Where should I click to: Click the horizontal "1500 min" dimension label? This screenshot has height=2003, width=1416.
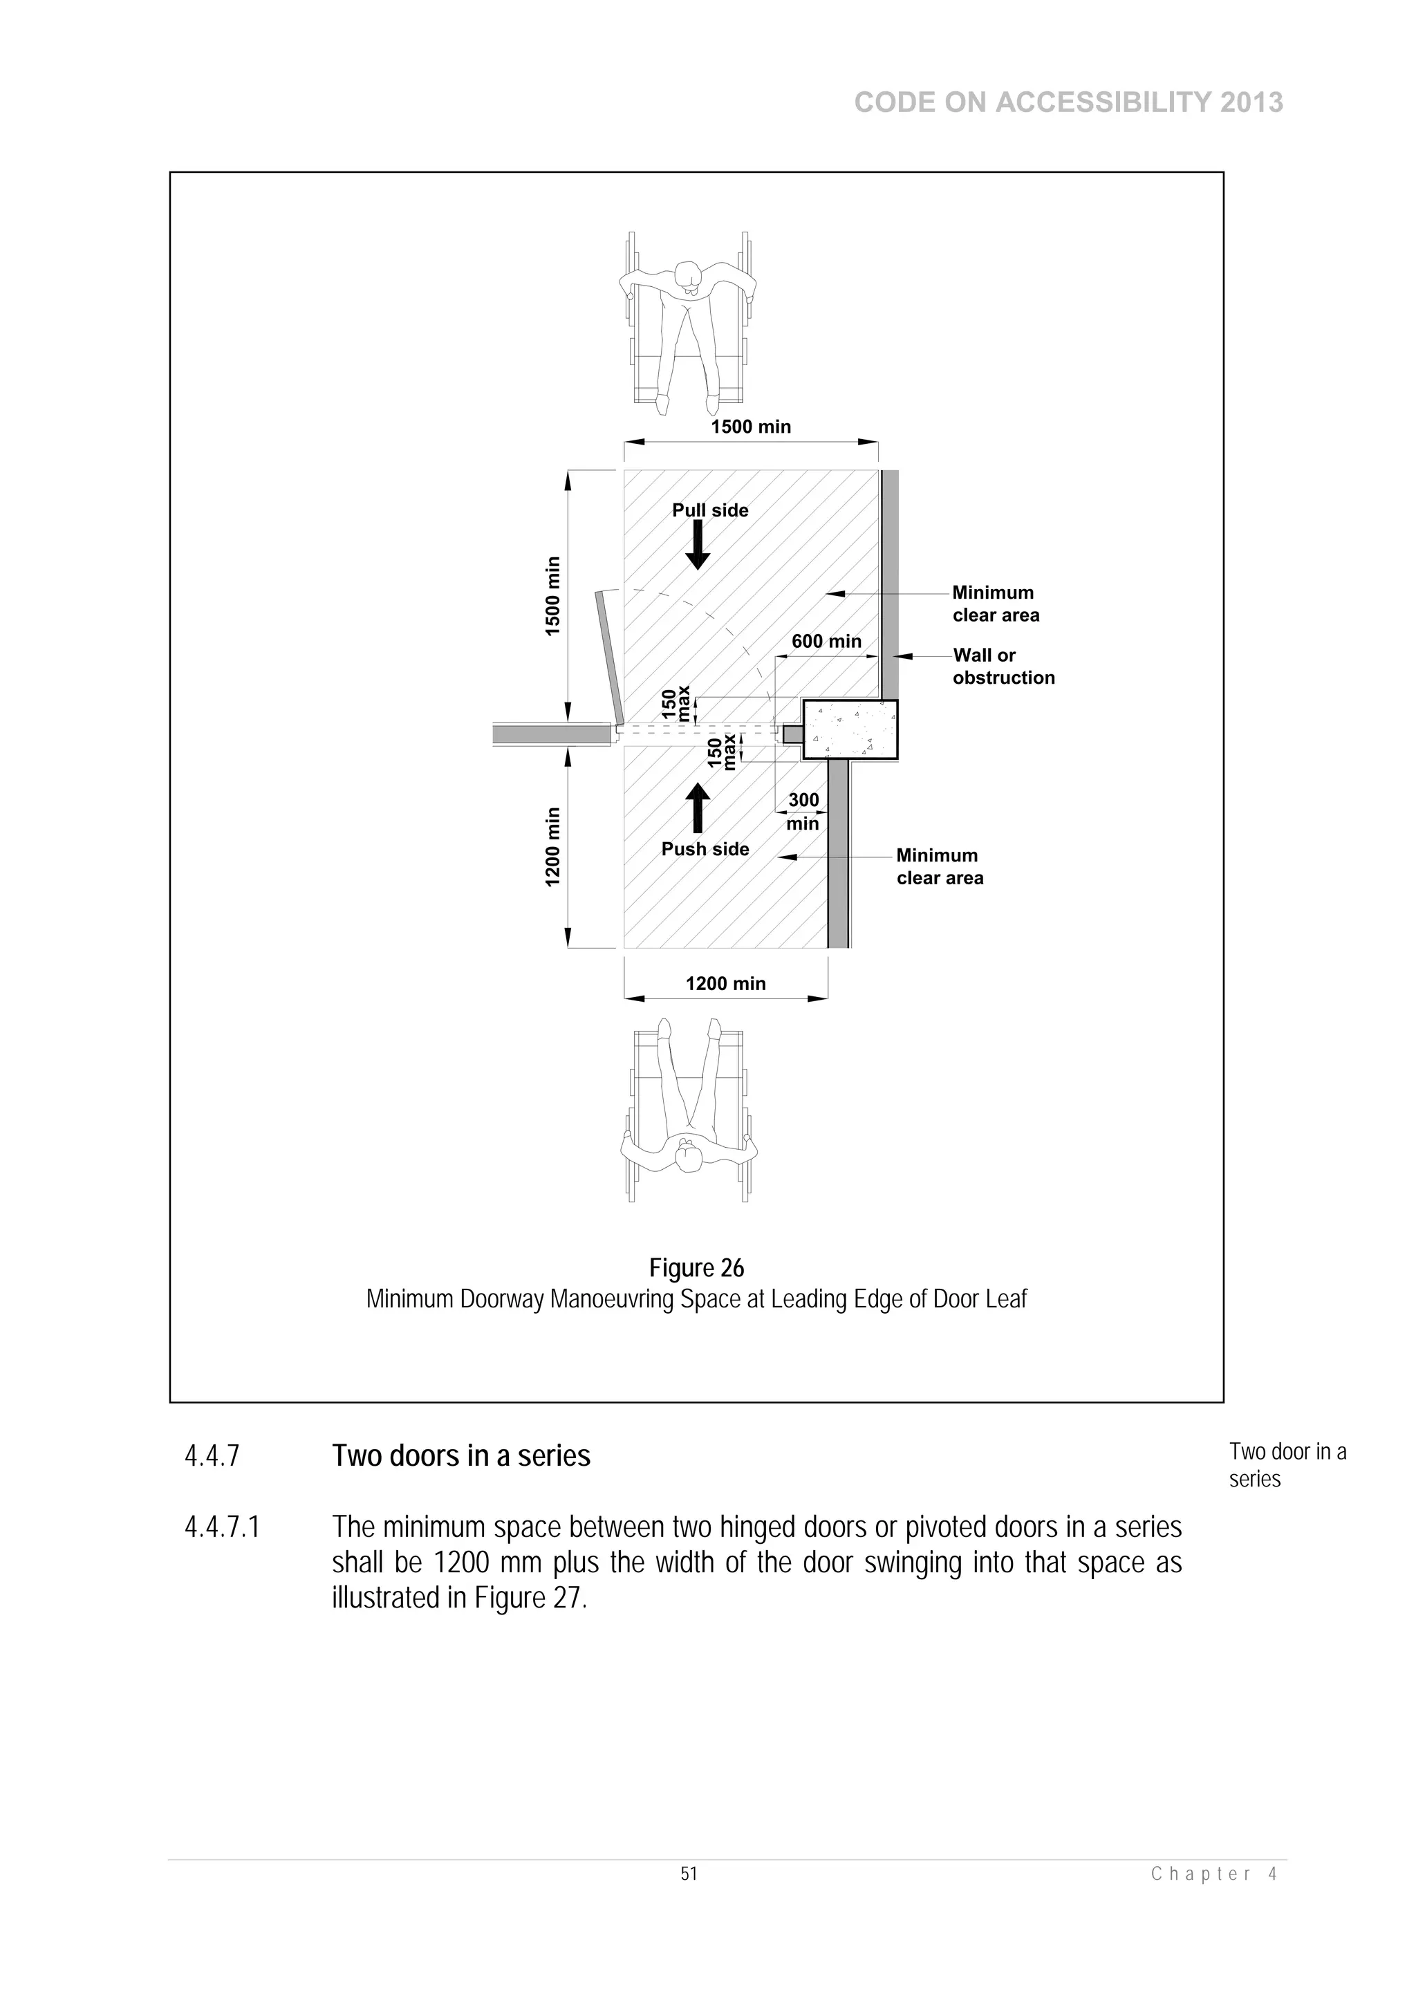click(x=750, y=427)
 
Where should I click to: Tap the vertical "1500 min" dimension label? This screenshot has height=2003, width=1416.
click(x=552, y=596)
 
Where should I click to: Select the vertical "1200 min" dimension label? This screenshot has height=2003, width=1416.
click(x=552, y=846)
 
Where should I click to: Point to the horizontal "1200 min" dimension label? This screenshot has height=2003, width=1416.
click(x=725, y=983)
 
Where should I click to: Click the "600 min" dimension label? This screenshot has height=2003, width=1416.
click(x=826, y=641)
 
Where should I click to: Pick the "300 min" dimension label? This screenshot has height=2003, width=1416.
click(x=803, y=811)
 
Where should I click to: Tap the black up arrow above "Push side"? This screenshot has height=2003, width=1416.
click(x=697, y=807)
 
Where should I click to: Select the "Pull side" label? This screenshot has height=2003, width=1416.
click(x=709, y=510)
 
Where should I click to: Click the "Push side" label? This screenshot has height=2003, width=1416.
click(x=705, y=849)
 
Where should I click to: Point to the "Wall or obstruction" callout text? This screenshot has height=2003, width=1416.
click(x=1003, y=666)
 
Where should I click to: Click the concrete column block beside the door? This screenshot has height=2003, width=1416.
click(x=850, y=730)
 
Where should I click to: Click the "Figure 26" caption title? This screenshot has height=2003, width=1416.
click(x=696, y=1267)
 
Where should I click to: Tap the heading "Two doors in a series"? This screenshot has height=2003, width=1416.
click(x=460, y=1456)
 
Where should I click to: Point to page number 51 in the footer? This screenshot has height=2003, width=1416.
click(x=689, y=1874)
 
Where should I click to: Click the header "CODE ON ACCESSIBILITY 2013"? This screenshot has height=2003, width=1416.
click(x=1068, y=103)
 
